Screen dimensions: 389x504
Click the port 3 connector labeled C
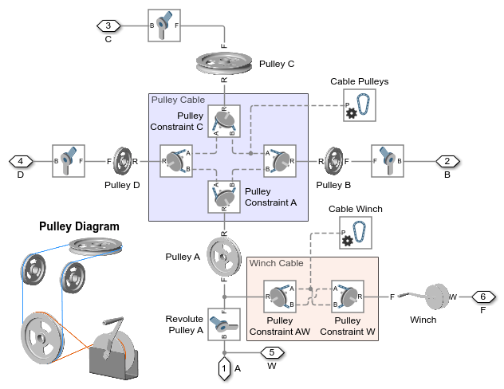108,26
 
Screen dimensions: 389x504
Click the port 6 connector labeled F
482,297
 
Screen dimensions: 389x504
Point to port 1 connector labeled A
224,367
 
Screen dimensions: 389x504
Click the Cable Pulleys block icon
360,105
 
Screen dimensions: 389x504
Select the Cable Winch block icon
356,234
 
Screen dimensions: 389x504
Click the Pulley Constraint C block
224,122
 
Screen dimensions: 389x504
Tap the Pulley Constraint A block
224,196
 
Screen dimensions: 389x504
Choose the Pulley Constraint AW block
280,297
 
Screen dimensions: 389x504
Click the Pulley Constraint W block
347,297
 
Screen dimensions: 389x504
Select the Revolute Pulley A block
224,324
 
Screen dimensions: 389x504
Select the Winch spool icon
434,296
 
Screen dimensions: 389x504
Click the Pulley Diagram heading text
79,226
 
